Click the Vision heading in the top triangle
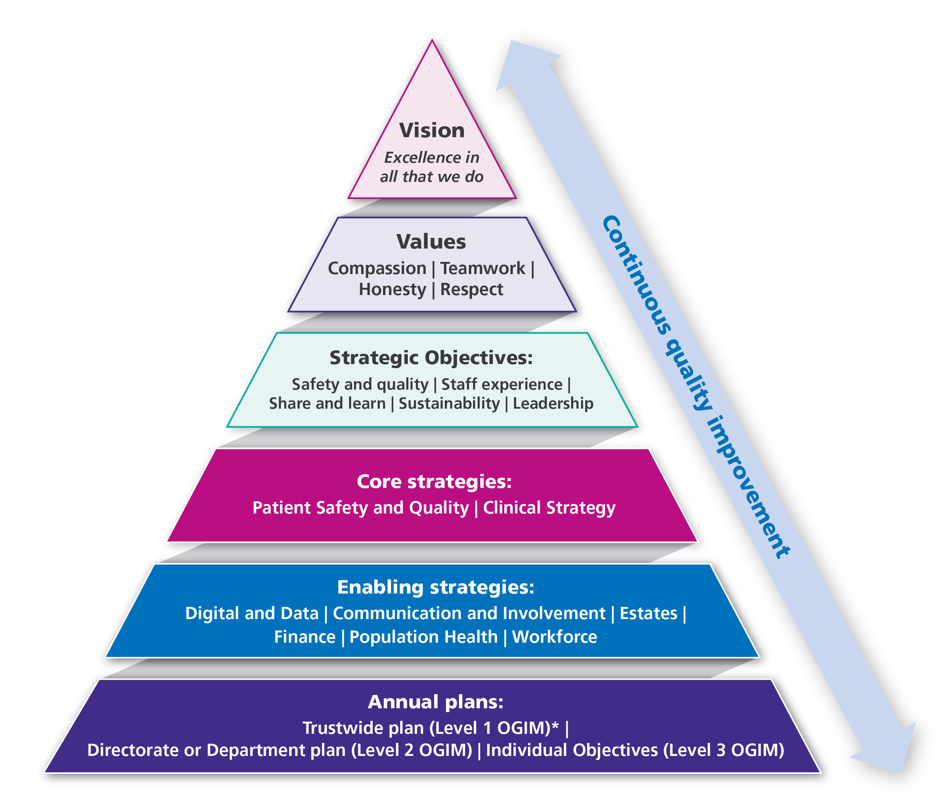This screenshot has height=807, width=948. (432, 130)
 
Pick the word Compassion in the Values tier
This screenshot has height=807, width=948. (377, 268)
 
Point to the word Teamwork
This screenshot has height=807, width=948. (483, 268)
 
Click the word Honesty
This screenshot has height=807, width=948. (392, 289)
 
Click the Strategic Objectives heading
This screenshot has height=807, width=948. (431, 358)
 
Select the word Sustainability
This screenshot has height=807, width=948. (449, 403)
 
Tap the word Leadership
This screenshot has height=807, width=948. (553, 403)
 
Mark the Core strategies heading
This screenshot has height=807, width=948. (434, 481)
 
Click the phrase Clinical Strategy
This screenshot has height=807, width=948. (549, 507)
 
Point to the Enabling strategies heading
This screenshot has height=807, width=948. (436, 587)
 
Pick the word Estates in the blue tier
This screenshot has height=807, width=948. (648, 613)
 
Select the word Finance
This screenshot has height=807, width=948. (305, 637)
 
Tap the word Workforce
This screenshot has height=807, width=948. (555, 637)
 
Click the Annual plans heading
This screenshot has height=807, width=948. (436, 702)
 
